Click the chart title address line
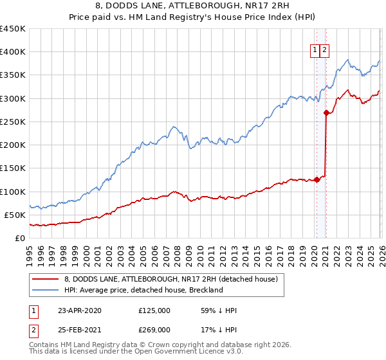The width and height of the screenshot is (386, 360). pos(192,6)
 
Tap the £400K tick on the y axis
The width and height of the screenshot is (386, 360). pos(13,52)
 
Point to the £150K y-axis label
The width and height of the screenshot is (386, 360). pos(13,168)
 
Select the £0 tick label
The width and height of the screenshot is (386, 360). pos(20,238)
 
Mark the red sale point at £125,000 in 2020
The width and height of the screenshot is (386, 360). pos(317,180)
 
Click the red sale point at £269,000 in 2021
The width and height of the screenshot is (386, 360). pos(326,113)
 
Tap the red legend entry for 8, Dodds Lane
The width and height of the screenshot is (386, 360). pos(170,279)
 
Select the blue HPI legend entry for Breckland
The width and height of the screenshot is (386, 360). pos(143,290)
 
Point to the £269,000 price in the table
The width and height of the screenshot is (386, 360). pos(154,329)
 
